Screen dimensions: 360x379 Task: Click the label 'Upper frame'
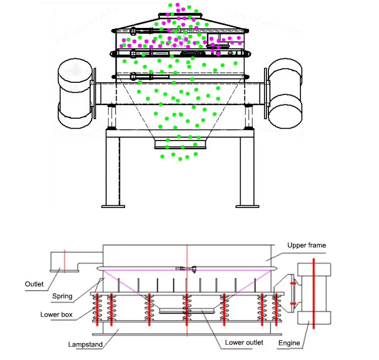[x=306, y=245]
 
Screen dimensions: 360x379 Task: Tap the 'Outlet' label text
[x=34, y=284]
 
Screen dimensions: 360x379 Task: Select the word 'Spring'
[x=62, y=296]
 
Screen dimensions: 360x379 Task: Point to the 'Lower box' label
[x=56, y=315]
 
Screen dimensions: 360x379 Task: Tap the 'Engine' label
[x=289, y=343]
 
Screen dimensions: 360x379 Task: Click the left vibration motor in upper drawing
[x=75, y=93]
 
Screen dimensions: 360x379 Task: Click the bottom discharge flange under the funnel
[x=180, y=144]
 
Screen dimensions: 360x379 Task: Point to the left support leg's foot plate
[x=113, y=204]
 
